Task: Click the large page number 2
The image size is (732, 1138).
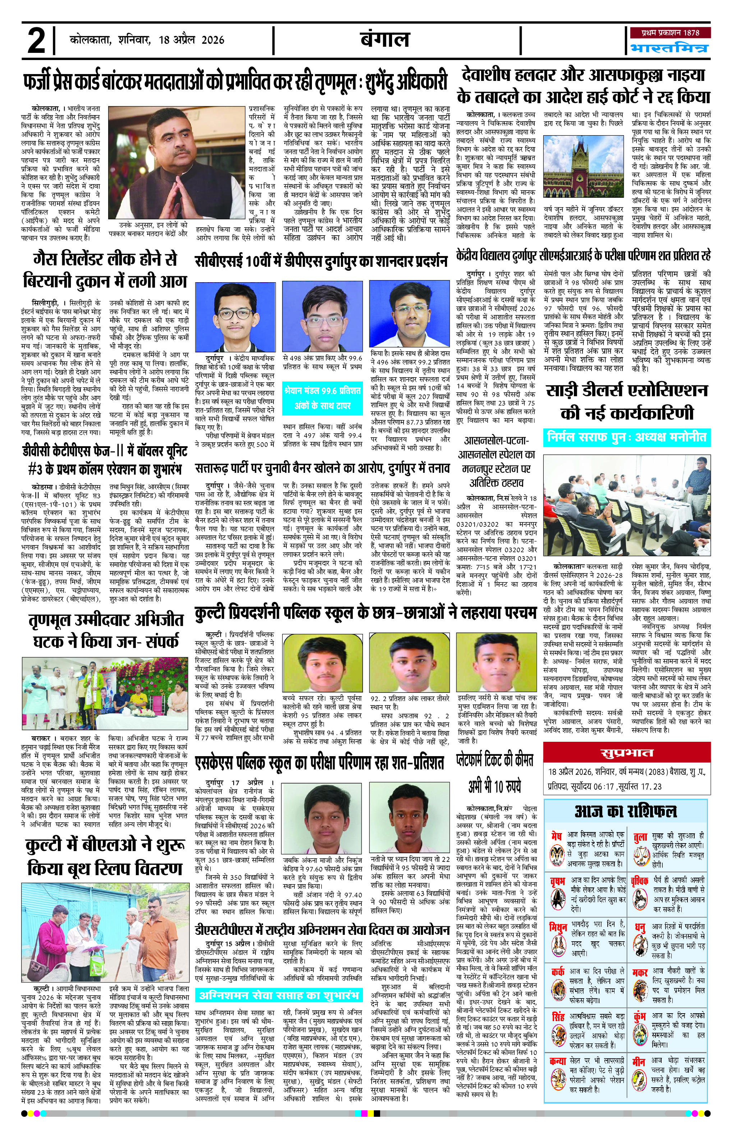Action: click(x=37, y=41)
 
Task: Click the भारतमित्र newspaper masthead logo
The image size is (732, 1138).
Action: click(x=669, y=48)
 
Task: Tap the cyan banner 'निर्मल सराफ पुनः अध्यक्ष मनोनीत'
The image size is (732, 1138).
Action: click(x=627, y=437)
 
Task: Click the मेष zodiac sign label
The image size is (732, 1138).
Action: click(x=556, y=836)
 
